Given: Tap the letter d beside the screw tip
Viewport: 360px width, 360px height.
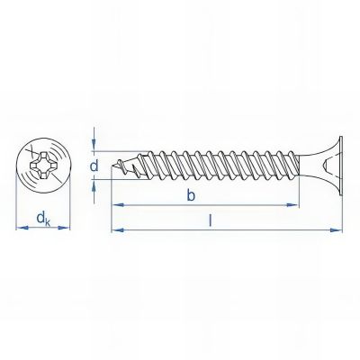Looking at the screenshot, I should pos(93,166).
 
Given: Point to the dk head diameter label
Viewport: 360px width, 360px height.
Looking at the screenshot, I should pos(41,217).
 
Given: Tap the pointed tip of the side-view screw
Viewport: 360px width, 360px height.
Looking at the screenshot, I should pos(112,166).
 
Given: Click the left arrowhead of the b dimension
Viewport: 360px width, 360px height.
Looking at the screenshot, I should pos(114,205).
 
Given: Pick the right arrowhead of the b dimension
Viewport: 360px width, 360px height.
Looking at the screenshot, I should pos(294,205).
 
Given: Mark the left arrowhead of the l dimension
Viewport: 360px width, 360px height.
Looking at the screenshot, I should pos(114,229).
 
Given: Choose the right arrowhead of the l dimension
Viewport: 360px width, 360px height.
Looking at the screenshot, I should pos(339,229).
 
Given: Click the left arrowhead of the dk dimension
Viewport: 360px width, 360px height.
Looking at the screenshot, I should pos(20,229).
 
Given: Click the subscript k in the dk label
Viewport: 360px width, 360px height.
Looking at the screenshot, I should pos(47,220).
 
